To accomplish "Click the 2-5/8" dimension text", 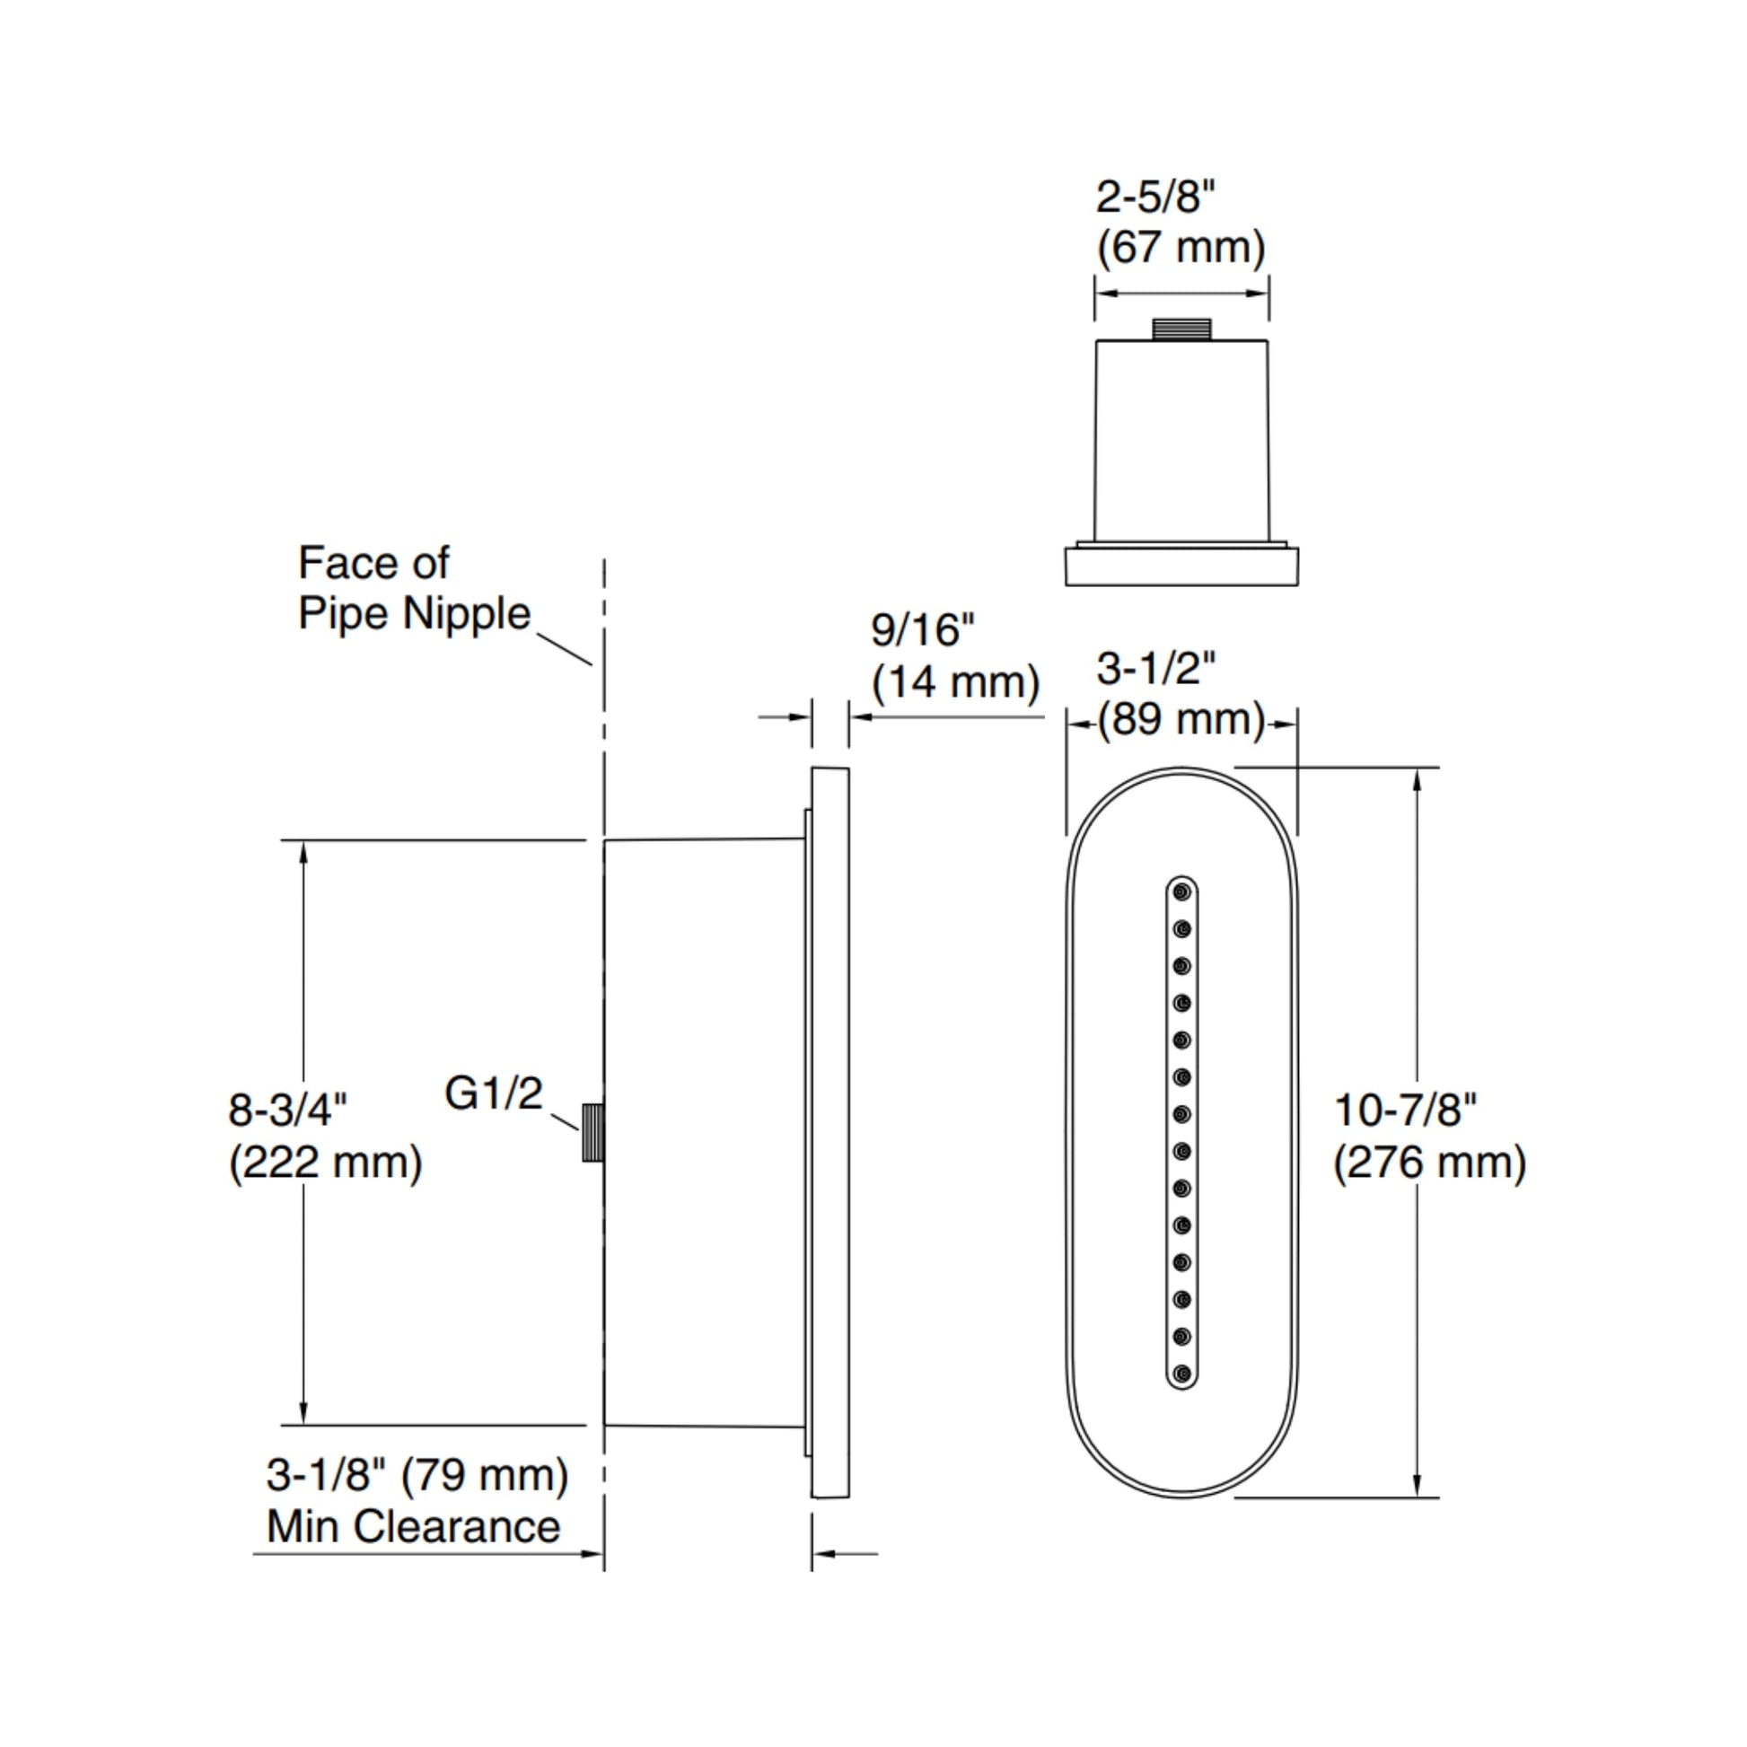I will click(1154, 198).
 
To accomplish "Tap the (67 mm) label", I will click(1180, 248).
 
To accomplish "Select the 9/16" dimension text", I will click(922, 630).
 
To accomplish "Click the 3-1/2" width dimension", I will click(1155, 669).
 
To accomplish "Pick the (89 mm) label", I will click(1181, 721).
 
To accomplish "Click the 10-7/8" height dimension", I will click(1404, 1111).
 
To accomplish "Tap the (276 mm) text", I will click(1428, 1162).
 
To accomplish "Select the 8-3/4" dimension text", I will click(287, 1110).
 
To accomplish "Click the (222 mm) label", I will click(325, 1162).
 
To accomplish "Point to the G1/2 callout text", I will click(493, 1093).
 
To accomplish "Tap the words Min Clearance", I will click(413, 1526).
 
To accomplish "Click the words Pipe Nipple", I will click(414, 613).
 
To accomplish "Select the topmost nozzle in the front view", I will click(1181, 892).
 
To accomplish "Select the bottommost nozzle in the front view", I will click(1181, 1374).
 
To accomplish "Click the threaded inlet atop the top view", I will click(1181, 329).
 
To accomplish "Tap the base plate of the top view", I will click(1181, 567).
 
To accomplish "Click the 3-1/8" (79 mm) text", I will click(417, 1475).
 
